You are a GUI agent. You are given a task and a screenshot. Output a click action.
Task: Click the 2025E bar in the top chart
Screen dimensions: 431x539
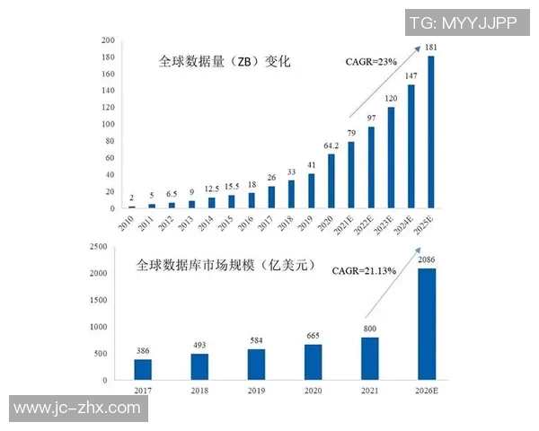tap(431, 132)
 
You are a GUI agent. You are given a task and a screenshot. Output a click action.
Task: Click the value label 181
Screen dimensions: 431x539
tap(431, 48)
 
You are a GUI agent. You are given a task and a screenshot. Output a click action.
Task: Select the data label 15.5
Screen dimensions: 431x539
tap(231, 185)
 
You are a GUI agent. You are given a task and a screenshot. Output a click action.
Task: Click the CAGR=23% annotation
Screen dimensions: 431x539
tap(372, 62)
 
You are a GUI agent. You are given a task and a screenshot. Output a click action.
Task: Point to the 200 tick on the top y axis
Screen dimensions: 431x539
tap(108, 40)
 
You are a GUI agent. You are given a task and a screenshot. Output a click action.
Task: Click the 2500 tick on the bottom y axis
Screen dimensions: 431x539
tap(102, 246)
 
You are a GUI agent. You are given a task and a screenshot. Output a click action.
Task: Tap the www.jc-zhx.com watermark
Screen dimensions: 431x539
tap(77, 409)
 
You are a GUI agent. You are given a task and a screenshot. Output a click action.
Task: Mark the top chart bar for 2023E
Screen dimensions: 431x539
tap(391, 158)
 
